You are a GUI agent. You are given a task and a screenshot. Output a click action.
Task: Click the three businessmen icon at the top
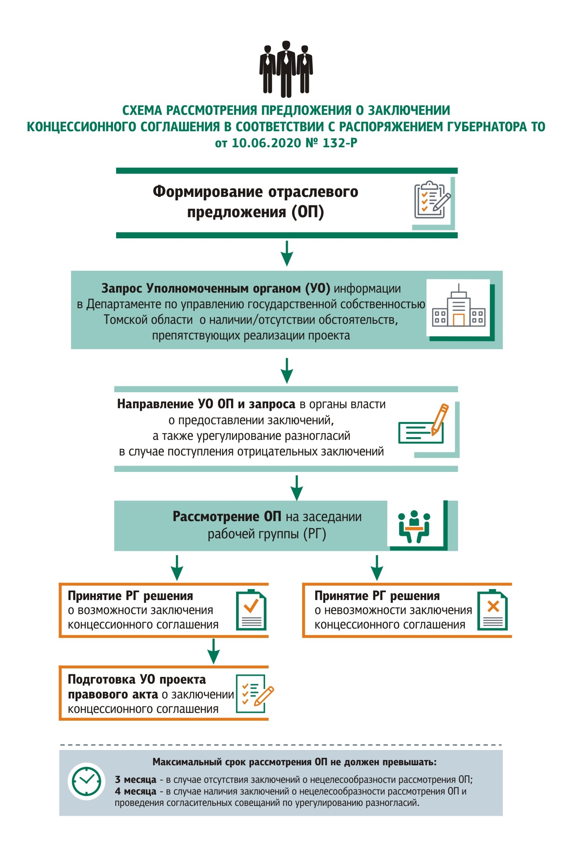pos(286,69)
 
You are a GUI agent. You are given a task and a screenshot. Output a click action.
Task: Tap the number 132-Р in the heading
pos(340,143)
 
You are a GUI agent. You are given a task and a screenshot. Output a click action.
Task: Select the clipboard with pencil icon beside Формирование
pos(432,200)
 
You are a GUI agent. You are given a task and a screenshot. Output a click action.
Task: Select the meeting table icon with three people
pos(414,526)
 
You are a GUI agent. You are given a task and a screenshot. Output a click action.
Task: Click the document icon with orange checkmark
pos(251,610)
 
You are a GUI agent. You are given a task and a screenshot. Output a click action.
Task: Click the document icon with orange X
pos(492,610)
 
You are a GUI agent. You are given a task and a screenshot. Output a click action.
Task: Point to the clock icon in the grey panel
pos(86,781)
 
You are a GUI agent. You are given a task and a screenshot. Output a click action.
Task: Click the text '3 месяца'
pos(135,779)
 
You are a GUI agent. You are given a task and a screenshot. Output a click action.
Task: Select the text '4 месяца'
pos(135,791)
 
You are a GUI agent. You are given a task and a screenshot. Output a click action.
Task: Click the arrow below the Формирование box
pos(287,253)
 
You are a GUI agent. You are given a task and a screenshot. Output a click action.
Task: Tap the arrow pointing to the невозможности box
pos(377,568)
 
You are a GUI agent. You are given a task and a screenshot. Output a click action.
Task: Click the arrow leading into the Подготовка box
pos(213,651)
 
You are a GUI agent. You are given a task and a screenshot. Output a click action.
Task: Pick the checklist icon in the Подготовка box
pos(255,694)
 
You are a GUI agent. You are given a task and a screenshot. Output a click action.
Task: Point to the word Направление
pos(155,404)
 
